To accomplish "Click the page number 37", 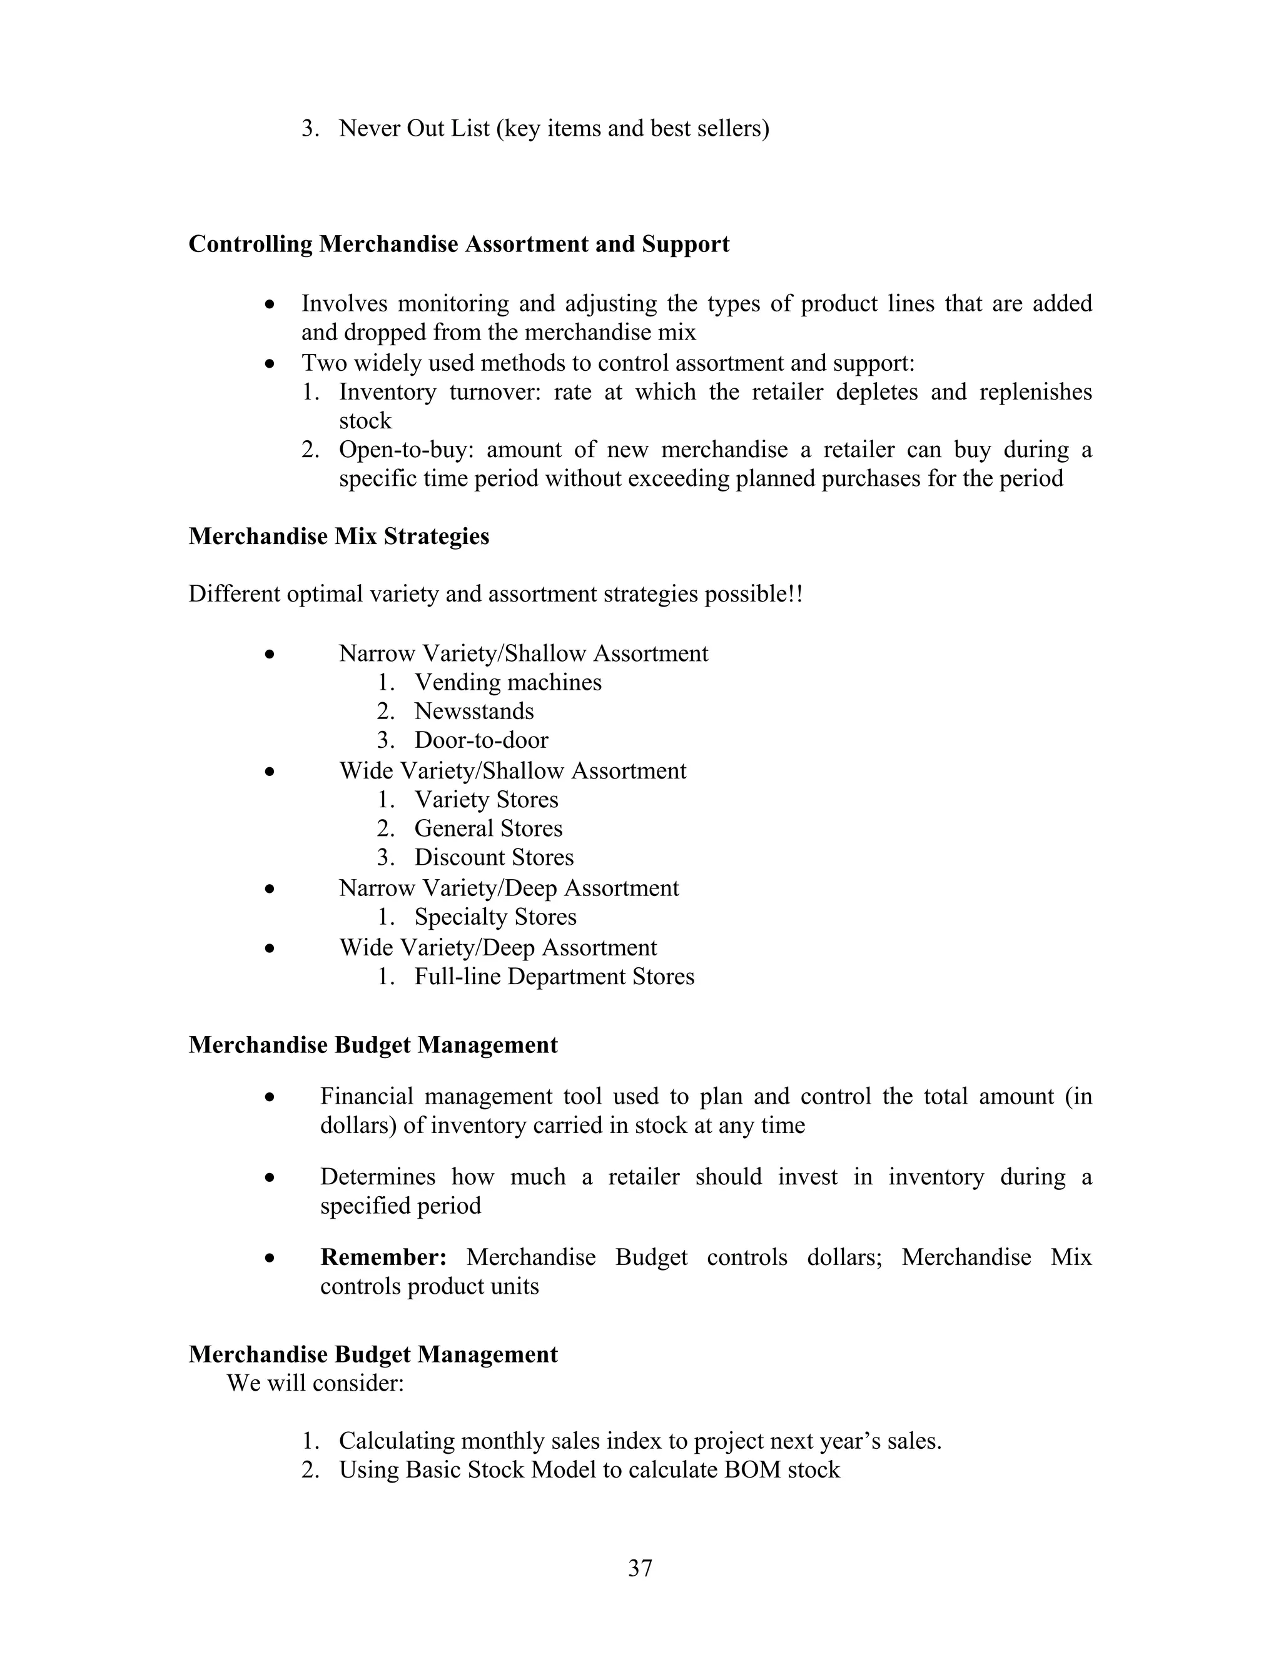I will [x=640, y=1568].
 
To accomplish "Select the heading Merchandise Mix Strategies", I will [x=338, y=536].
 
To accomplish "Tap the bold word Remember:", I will [x=383, y=1257].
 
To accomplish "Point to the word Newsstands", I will [x=473, y=711].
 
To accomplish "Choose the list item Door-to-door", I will [x=480, y=740].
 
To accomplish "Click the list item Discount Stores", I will [x=494, y=857].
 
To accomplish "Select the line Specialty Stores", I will [x=495, y=917].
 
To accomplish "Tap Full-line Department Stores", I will [x=554, y=977].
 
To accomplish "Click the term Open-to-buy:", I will [x=406, y=450].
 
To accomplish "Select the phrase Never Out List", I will [x=414, y=128].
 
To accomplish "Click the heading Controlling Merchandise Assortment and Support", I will [x=458, y=244].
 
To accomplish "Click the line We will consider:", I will [x=315, y=1383].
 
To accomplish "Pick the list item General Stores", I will [x=488, y=828].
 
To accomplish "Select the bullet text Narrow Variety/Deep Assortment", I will [x=509, y=888].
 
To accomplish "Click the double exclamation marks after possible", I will [x=796, y=593].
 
